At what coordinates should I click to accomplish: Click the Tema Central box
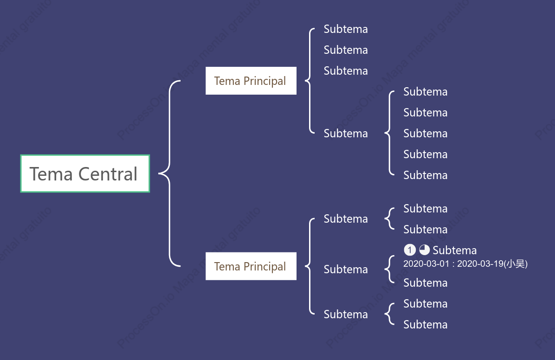click(x=85, y=174)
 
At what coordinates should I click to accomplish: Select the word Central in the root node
click(x=108, y=174)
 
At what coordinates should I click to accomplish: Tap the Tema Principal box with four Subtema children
click(x=251, y=81)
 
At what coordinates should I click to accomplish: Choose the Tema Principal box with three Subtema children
click(x=251, y=266)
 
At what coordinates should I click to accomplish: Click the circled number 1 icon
click(x=410, y=250)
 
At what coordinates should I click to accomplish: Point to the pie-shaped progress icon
click(x=425, y=250)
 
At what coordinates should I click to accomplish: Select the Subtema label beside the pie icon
click(x=454, y=250)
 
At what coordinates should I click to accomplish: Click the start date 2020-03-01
click(x=426, y=264)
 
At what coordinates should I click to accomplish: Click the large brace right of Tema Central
click(x=169, y=174)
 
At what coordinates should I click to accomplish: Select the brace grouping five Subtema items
click(x=389, y=133)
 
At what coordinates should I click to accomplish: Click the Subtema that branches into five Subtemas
click(x=345, y=134)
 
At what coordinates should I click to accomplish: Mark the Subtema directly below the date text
click(x=425, y=283)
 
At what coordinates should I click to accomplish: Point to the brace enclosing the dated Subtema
click(x=389, y=269)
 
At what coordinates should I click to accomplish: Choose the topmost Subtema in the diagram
click(x=345, y=29)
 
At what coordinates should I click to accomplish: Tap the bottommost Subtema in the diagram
click(x=425, y=325)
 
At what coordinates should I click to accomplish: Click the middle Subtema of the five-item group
click(x=425, y=134)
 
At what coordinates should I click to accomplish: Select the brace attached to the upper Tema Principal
click(x=310, y=81)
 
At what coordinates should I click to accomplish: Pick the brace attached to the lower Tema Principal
click(x=310, y=266)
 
